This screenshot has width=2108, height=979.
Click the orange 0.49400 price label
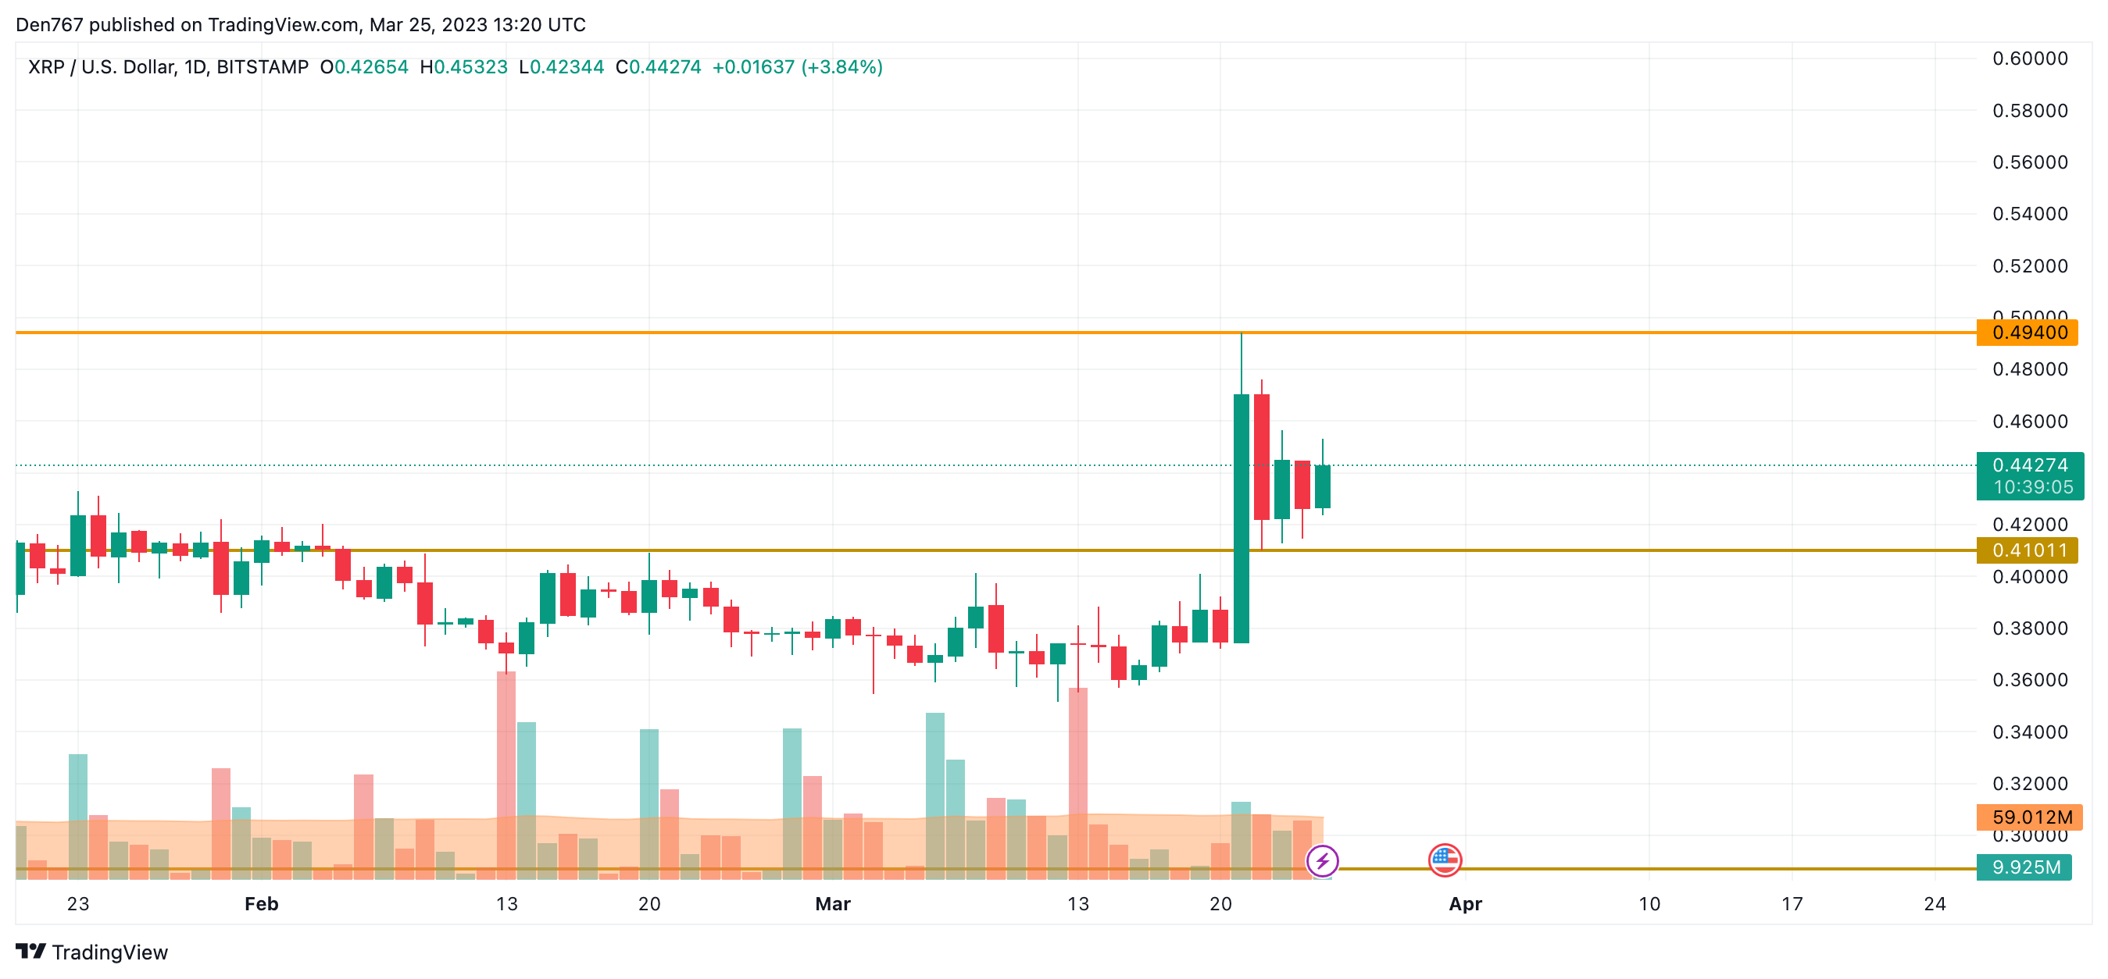point(2028,333)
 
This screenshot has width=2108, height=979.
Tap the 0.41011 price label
point(2028,550)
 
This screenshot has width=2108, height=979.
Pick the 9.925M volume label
point(2024,867)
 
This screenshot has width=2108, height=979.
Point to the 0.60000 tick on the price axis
point(2028,59)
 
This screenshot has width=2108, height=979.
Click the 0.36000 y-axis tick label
point(2028,681)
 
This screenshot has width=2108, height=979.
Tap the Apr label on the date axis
point(1465,904)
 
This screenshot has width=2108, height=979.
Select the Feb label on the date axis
point(262,904)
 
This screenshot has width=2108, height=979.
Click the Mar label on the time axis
point(832,904)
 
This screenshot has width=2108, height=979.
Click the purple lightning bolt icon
point(1321,860)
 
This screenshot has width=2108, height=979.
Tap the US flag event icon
point(1445,860)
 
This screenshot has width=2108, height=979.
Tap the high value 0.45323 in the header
point(470,67)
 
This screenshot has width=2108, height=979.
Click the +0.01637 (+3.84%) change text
point(797,67)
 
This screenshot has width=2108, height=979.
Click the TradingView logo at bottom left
point(91,952)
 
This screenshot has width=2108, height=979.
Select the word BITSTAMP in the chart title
point(262,67)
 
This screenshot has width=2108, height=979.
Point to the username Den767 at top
point(49,24)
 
